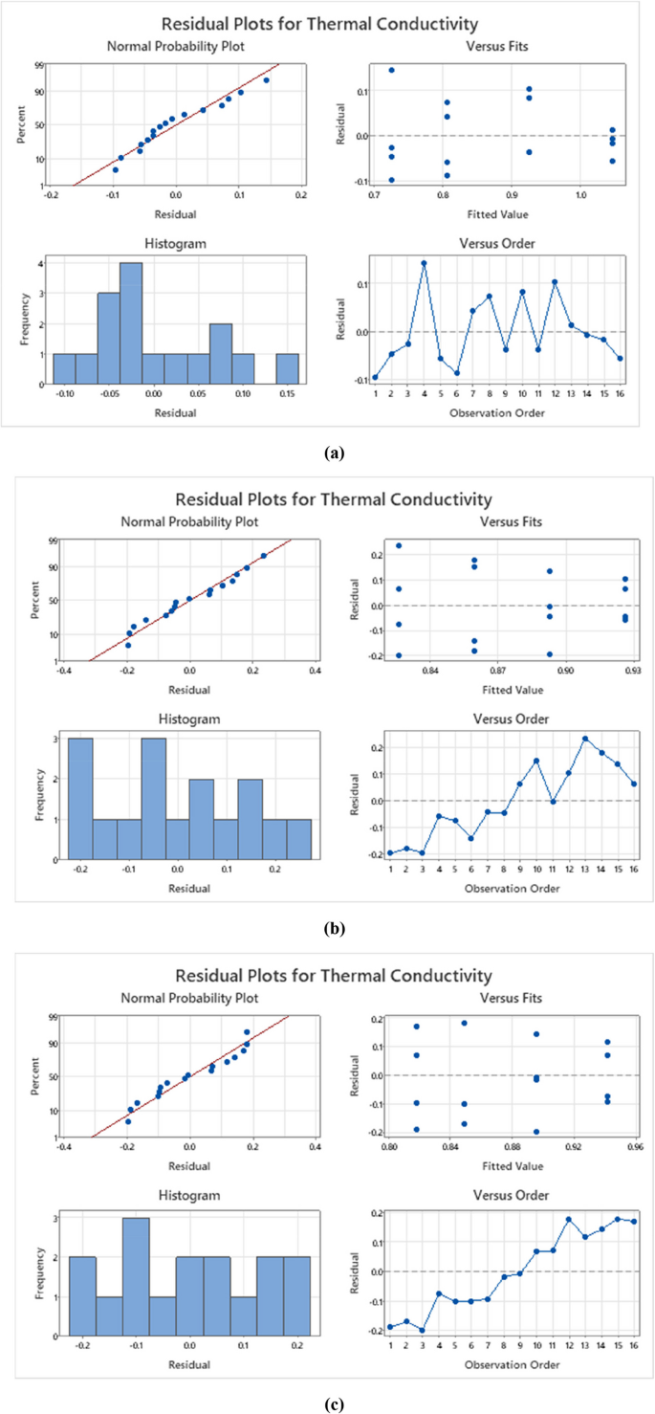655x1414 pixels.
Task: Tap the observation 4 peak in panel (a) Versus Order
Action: coord(424,262)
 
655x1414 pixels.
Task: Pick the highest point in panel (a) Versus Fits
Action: coord(391,70)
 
